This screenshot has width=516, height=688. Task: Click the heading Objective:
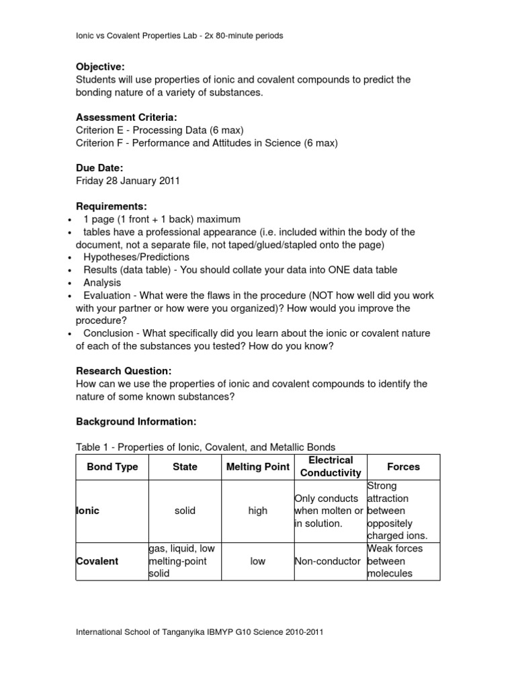click(x=100, y=67)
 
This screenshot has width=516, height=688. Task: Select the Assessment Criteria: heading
click(x=126, y=117)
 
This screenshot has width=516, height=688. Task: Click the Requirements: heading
click(x=111, y=206)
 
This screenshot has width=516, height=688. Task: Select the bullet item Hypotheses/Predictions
click(x=136, y=257)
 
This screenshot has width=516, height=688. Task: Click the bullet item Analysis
click(x=102, y=283)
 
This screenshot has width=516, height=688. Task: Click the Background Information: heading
click(x=136, y=421)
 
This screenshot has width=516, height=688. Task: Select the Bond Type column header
click(x=112, y=466)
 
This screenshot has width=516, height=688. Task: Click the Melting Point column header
click(x=257, y=466)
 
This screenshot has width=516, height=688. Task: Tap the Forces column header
click(x=403, y=466)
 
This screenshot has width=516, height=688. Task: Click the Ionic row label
click(x=87, y=511)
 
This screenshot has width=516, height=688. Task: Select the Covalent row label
click(x=97, y=561)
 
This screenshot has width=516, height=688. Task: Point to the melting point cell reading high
click(x=257, y=511)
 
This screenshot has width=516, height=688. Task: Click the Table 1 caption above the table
click(x=205, y=447)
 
